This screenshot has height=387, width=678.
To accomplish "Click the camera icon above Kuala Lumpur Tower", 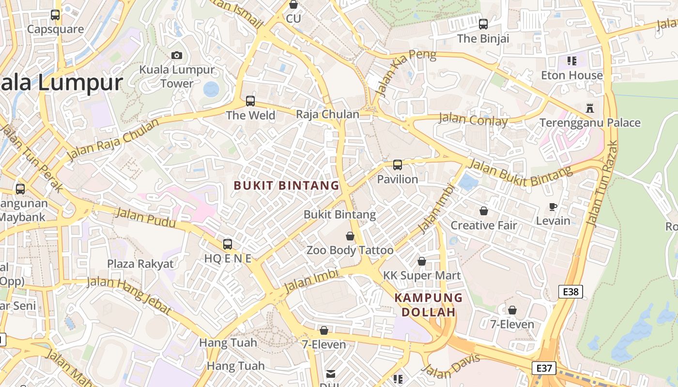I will [177, 55].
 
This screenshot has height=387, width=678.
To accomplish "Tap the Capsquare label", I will [55, 29].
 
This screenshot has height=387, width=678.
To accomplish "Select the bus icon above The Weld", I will [250, 101].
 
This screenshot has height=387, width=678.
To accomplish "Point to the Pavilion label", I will [398, 179].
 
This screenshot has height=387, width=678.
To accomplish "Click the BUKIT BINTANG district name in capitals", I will [286, 185].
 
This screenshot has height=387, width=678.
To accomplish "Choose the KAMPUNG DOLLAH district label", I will [429, 305].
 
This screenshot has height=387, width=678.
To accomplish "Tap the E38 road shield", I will [570, 291].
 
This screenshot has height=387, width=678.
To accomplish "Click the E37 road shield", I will [543, 368].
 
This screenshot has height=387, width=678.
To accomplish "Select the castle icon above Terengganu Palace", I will [589, 108].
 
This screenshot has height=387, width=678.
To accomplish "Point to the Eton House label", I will [571, 75].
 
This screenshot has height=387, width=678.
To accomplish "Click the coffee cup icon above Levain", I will [553, 207].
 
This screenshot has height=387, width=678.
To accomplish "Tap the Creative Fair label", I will [484, 225].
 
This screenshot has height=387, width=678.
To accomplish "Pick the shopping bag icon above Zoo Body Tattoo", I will [350, 236].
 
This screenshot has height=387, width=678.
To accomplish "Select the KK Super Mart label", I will [422, 275].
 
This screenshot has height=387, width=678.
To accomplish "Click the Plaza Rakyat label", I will [140, 264].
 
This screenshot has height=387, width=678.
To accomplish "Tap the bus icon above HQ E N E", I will [227, 244].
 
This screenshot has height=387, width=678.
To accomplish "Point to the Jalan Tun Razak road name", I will [602, 184].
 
